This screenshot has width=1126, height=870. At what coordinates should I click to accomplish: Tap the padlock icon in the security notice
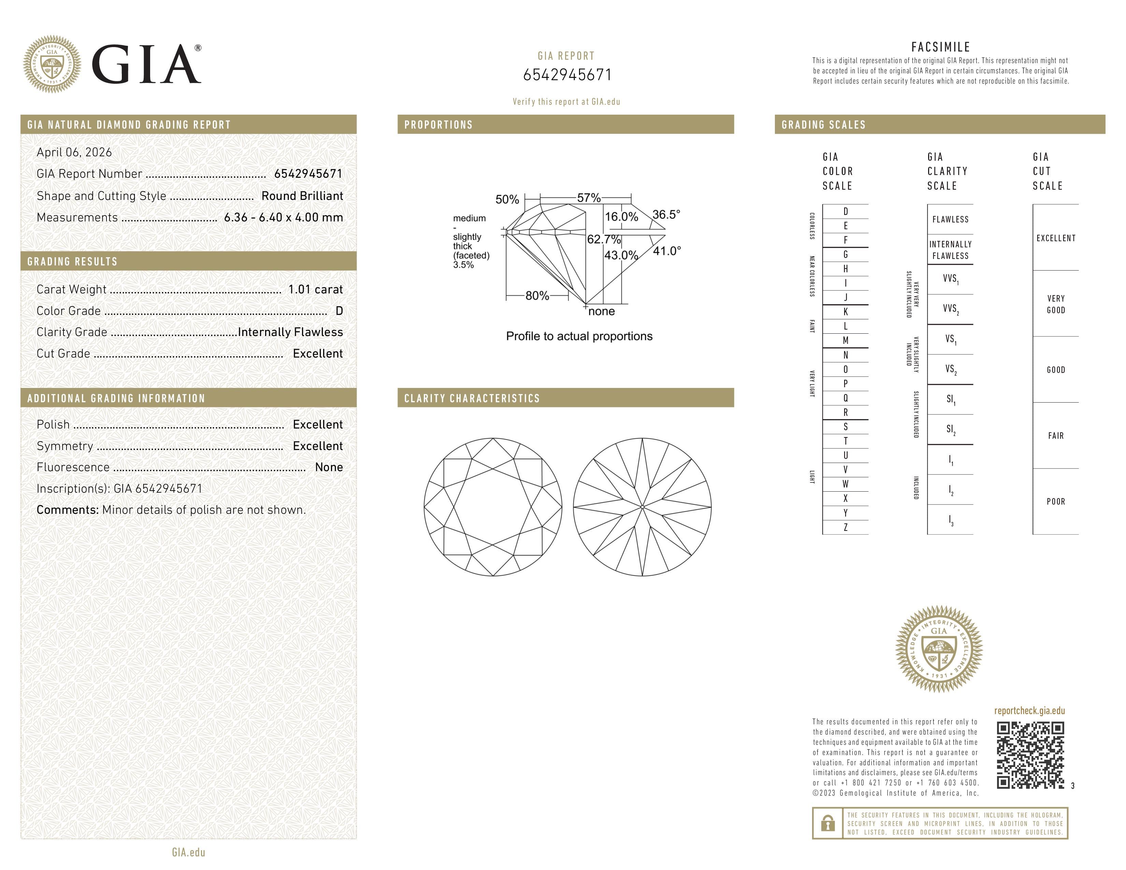click(827, 823)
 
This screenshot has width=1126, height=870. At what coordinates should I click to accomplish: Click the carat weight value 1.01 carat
click(315, 289)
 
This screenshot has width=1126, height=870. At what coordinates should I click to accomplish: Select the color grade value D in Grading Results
click(339, 311)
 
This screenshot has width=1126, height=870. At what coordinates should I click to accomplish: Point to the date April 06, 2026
click(74, 152)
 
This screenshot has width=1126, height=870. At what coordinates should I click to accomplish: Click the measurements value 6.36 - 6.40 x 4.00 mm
click(283, 218)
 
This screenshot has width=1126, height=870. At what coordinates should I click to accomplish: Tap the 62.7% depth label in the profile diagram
click(604, 239)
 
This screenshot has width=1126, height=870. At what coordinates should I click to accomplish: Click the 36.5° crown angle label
click(666, 214)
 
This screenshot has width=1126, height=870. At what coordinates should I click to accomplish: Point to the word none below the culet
click(601, 311)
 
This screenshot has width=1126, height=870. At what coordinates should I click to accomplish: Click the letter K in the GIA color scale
click(846, 312)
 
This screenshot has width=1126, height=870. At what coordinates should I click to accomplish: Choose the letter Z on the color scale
click(846, 527)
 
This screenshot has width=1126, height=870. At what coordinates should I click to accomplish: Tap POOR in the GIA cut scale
click(1055, 502)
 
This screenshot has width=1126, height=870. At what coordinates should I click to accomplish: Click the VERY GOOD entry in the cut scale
click(1055, 304)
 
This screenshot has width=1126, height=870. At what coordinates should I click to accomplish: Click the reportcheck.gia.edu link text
click(1029, 711)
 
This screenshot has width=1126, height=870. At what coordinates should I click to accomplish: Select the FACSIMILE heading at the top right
click(940, 47)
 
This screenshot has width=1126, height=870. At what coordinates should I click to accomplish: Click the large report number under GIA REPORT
click(567, 75)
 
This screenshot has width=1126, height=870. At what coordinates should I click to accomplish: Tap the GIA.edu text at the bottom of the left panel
click(188, 852)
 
